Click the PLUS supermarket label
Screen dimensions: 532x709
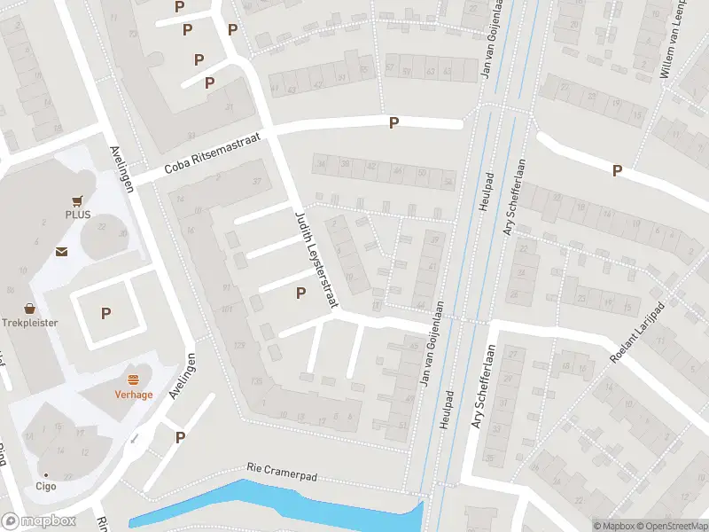point(78,215)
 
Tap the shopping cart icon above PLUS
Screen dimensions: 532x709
point(78,200)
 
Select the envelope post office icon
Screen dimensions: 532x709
point(60,252)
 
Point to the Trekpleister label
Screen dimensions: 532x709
point(29,323)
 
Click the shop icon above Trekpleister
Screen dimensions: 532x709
point(29,309)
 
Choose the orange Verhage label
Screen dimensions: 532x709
point(134,395)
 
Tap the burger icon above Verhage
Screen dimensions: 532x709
point(134,379)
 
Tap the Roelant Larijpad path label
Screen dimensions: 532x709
point(637,332)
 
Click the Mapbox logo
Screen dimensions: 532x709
point(39,521)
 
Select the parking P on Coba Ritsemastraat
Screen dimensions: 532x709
point(393,123)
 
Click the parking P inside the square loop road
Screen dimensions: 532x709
point(106,313)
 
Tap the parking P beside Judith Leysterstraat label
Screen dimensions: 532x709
point(300,293)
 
